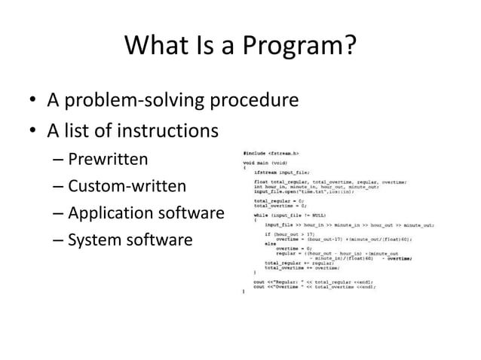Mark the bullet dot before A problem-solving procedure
[32, 102]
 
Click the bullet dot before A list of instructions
[32, 133]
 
